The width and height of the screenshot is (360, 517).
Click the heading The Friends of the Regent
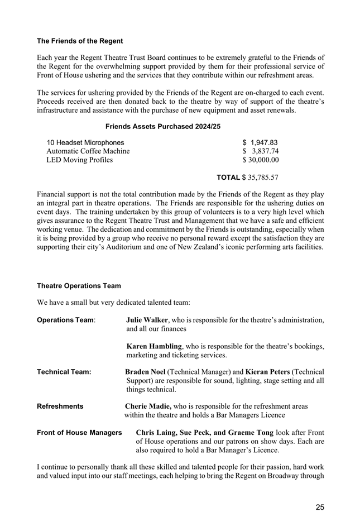80,41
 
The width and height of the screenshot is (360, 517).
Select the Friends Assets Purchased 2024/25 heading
163,127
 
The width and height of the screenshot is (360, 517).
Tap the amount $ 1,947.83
260,142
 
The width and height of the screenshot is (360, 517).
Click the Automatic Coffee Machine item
88,151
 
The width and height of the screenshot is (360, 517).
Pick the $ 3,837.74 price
260,151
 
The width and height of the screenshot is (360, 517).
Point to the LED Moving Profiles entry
79,160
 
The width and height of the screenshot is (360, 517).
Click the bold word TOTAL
228,178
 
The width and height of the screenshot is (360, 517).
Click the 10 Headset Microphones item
85,142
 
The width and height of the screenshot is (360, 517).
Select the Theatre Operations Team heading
79,286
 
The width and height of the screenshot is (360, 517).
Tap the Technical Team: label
64,372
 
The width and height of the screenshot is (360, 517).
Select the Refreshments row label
60,406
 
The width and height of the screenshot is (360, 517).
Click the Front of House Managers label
79,433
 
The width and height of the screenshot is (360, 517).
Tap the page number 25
320,507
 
